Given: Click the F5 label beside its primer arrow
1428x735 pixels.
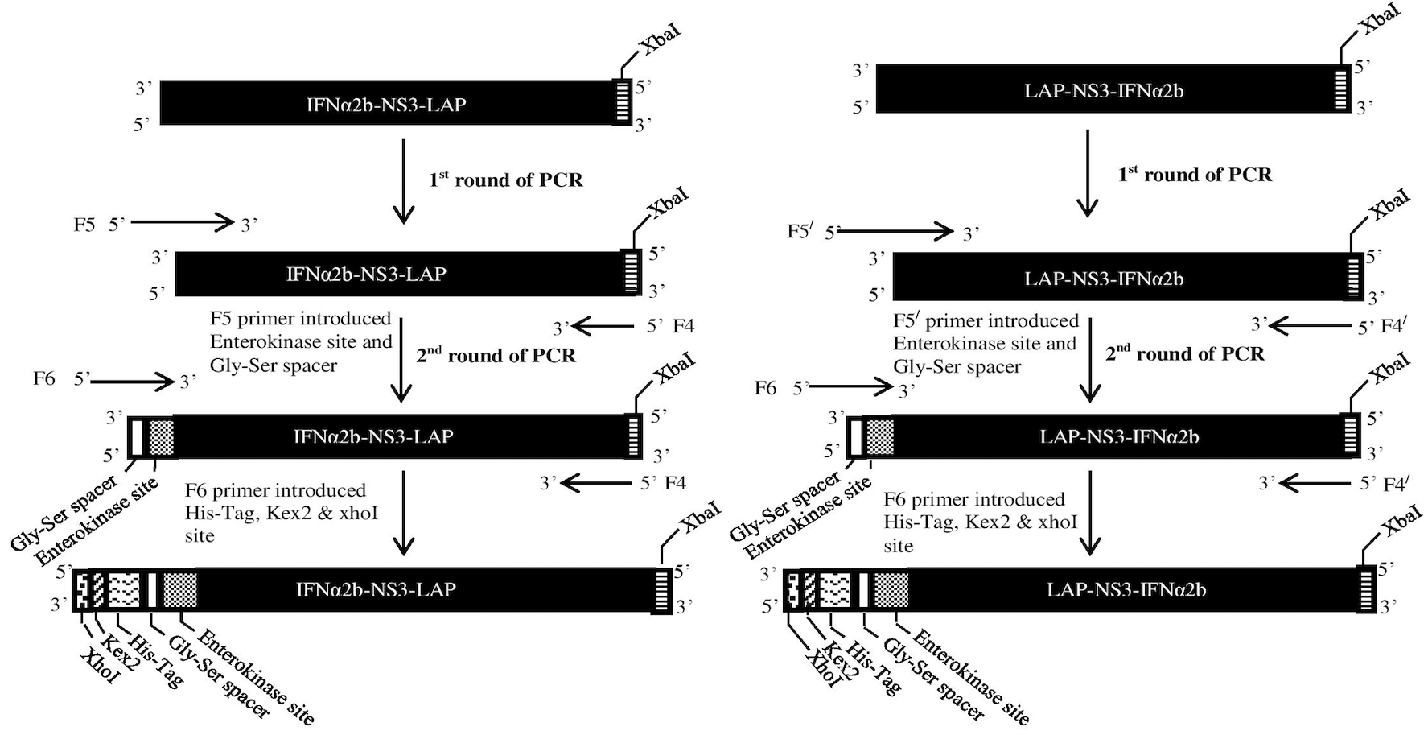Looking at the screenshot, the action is coord(84,224).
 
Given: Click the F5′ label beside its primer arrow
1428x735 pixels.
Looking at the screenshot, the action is coord(800,232).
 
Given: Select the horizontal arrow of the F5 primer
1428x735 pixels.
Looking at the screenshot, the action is coord(182,222).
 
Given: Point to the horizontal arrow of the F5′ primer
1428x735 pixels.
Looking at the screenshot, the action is coord(895,232).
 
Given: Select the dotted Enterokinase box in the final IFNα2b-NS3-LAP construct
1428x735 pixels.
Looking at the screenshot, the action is coord(180,590).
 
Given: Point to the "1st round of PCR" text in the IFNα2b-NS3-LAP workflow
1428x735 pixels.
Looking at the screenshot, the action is coord(506,179).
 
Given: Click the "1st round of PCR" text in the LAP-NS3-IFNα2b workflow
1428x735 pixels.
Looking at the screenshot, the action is coord(1195,174).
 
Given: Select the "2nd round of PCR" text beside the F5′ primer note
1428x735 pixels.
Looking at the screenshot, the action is coord(1185,353).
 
